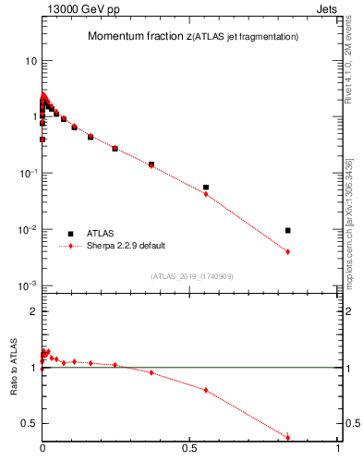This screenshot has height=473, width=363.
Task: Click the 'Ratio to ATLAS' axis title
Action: click(14, 367)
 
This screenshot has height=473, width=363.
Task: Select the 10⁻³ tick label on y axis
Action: click(28, 285)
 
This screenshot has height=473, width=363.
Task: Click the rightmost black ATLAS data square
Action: click(288, 230)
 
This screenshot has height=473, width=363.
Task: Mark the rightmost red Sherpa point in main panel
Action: click(288, 251)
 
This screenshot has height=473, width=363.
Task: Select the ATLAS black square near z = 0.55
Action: click(206, 188)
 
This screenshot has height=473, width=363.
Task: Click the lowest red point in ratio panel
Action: click(288, 437)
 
